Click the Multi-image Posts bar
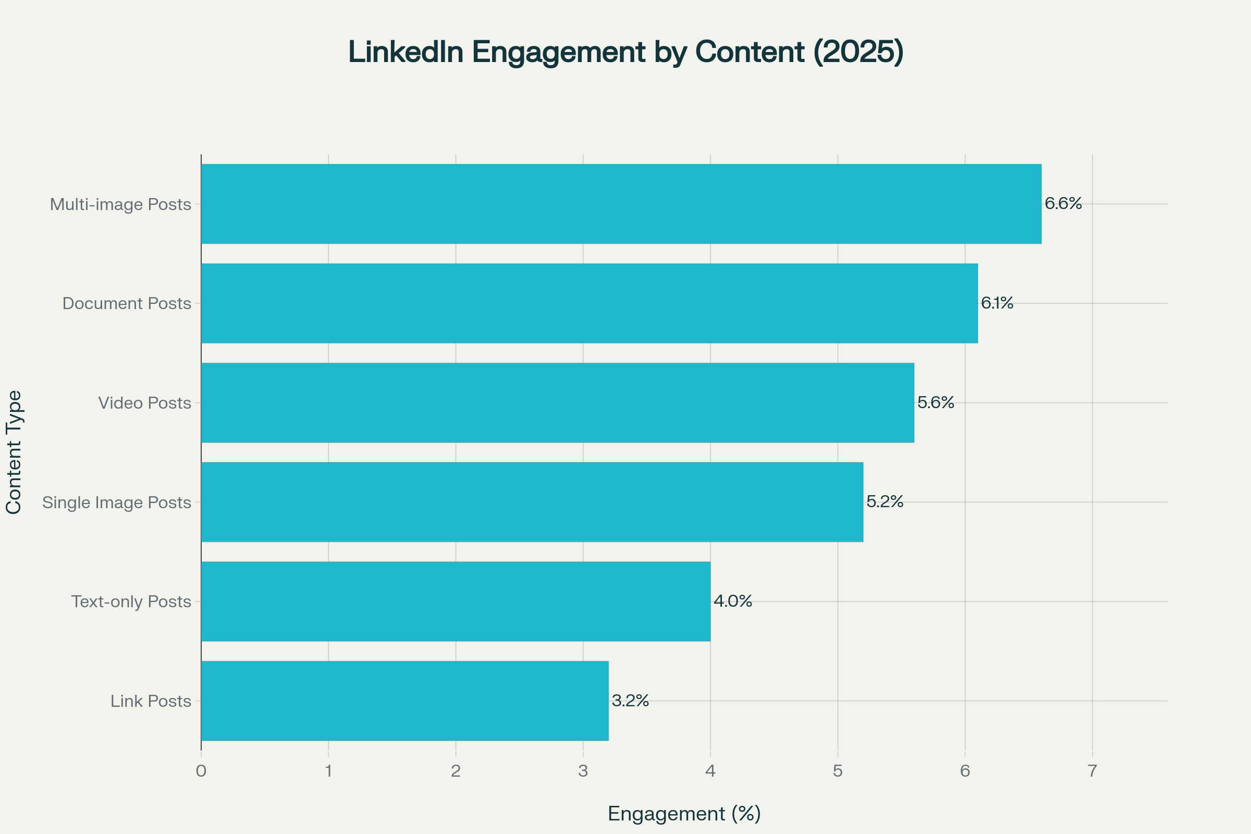point(621,204)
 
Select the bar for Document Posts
point(589,303)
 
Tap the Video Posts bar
point(557,402)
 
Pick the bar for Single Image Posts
point(532,501)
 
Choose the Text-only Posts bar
point(455,601)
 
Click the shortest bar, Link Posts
point(404,701)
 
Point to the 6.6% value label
point(1063,203)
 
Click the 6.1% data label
point(997,303)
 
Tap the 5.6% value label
point(936,402)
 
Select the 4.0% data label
point(732,601)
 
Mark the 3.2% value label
point(630,701)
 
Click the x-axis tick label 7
point(1092,771)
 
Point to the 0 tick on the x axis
point(201,771)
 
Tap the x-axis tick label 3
point(583,771)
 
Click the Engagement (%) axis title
point(684,814)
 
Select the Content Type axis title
point(14,452)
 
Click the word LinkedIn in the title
point(406,52)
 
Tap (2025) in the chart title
point(858,52)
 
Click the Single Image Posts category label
point(116,502)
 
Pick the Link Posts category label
point(151,701)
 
